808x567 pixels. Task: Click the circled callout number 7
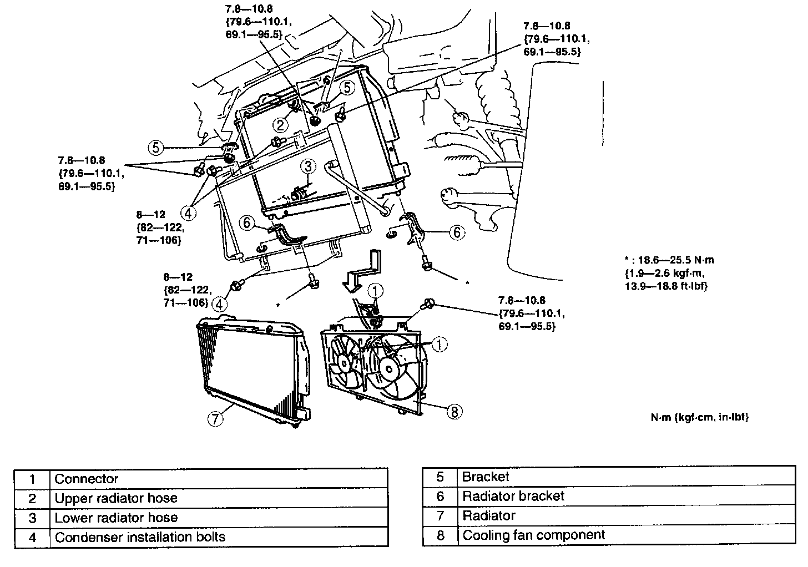pyautogui.click(x=215, y=418)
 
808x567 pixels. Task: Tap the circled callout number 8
pyautogui.click(x=454, y=412)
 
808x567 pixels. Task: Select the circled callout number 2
pyautogui.click(x=280, y=125)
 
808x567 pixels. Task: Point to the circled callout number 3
pyautogui.click(x=308, y=166)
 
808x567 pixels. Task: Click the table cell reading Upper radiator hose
pyautogui.click(x=219, y=498)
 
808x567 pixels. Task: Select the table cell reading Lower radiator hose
pyautogui.click(x=219, y=518)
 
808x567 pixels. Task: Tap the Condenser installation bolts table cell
pyautogui.click(x=219, y=537)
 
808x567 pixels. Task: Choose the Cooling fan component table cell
pyautogui.click(x=627, y=535)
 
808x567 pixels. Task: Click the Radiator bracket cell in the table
pyautogui.click(x=627, y=496)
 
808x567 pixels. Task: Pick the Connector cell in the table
pyautogui.click(x=219, y=479)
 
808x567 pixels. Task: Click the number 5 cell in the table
pyautogui.click(x=440, y=477)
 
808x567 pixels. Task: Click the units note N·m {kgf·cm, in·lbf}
pyautogui.click(x=699, y=417)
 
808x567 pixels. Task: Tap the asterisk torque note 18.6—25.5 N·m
pyautogui.click(x=669, y=273)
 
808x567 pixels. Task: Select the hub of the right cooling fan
pyautogui.click(x=389, y=369)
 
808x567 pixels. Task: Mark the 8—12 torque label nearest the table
pyautogui.click(x=188, y=290)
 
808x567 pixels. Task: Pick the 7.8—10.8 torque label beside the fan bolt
pyautogui.click(x=532, y=313)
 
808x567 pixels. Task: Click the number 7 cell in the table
pyautogui.click(x=440, y=515)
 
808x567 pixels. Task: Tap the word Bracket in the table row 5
pyautogui.click(x=485, y=477)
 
